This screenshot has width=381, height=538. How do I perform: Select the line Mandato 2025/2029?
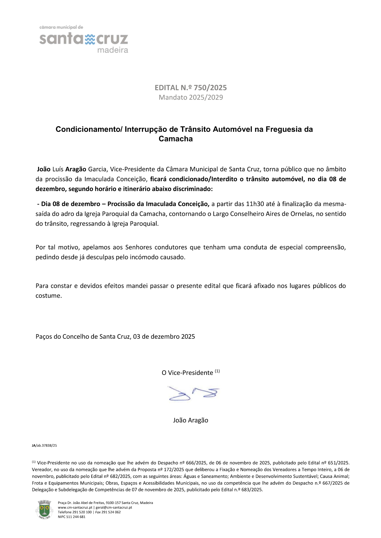coord(191,97)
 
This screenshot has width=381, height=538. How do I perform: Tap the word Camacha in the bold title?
coord(176,139)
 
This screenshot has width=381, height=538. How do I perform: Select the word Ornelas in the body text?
coord(302,214)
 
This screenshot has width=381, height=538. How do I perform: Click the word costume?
coord(49,296)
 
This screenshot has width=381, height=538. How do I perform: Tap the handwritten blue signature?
coord(193,394)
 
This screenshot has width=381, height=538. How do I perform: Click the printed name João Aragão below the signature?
coord(191,420)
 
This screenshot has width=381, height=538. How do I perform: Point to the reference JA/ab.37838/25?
coord(44,446)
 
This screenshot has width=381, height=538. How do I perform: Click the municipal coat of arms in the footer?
coord(44,509)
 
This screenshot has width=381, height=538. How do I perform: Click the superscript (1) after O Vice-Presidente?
coord(217,371)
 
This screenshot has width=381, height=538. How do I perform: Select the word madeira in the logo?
coord(113,50)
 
